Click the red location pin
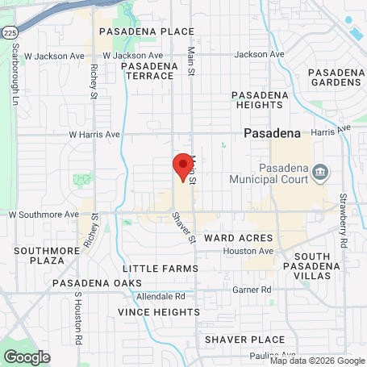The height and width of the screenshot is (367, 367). point(183,165)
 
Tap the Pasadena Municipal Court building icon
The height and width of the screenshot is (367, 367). point(320,173)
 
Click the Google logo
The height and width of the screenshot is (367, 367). point(27,357)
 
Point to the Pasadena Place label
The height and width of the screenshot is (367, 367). point(135,31)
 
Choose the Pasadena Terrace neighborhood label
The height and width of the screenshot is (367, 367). point(150,70)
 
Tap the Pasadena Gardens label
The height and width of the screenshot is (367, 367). point(336,77)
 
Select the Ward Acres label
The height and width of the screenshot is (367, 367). point(239,239)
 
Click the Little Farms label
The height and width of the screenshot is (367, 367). point(161,268)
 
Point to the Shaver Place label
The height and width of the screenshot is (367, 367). point(244,340)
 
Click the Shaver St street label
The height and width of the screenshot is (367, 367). point(184,227)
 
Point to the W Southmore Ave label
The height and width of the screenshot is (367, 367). point(44,215)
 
